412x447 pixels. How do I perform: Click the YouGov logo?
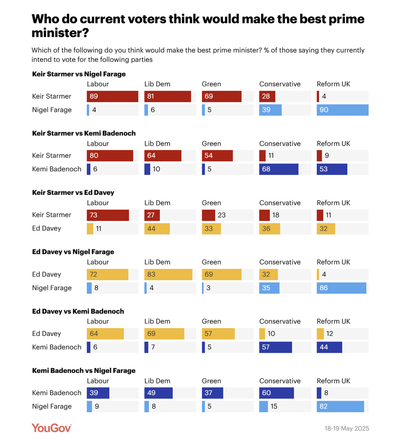click(x=52, y=428)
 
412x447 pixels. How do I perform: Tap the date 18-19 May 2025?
click(x=346, y=428)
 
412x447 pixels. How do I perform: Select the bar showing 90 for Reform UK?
click(x=342, y=110)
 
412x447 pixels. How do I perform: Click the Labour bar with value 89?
click(x=112, y=96)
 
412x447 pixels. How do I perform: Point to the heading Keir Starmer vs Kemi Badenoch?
click(x=84, y=133)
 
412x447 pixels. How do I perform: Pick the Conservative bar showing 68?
click(x=279, y=169)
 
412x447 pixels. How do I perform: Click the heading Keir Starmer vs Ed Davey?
click(x=73, y=192)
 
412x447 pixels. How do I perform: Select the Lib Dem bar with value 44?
click(x=157, y=229)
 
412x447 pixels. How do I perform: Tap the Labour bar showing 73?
click(x=108, y=215)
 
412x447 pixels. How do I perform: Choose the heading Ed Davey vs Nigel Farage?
click(x=73, y=252)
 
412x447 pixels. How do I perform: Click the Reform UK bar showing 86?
click(x=341, y=288)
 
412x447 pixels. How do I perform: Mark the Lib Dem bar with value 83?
click(x=168, y=274)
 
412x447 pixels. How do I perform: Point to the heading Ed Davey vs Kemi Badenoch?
click(x=78, y=311)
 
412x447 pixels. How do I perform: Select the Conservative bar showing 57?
click(x=275, y=347)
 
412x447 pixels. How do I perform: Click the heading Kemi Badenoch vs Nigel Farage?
click(x=84, y=371)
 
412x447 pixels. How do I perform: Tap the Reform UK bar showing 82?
click(x=340, y=407)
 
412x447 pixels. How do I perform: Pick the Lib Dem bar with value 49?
click(x=158, y=393)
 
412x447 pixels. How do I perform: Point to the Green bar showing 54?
click(x=217, y=156)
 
